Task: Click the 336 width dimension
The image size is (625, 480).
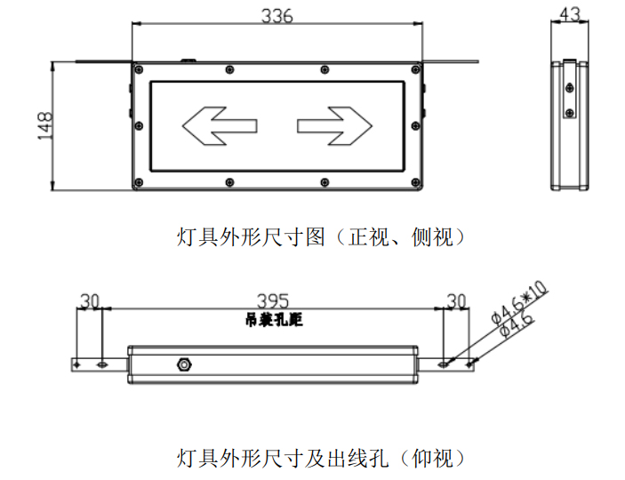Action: pos(276,15)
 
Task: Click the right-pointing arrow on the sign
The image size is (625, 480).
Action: pos(335,125)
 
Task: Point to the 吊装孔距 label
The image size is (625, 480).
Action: pos(273,320)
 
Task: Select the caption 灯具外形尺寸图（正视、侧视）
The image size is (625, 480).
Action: pos(321,237)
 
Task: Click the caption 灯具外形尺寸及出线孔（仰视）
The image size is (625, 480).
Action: pos(321,459)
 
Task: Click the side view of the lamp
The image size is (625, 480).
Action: pos(570,124)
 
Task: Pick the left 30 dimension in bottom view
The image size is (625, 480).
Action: pos(90,301)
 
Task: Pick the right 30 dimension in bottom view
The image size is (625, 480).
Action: pos(456,301)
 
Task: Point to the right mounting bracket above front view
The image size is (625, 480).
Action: pos(452,61)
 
